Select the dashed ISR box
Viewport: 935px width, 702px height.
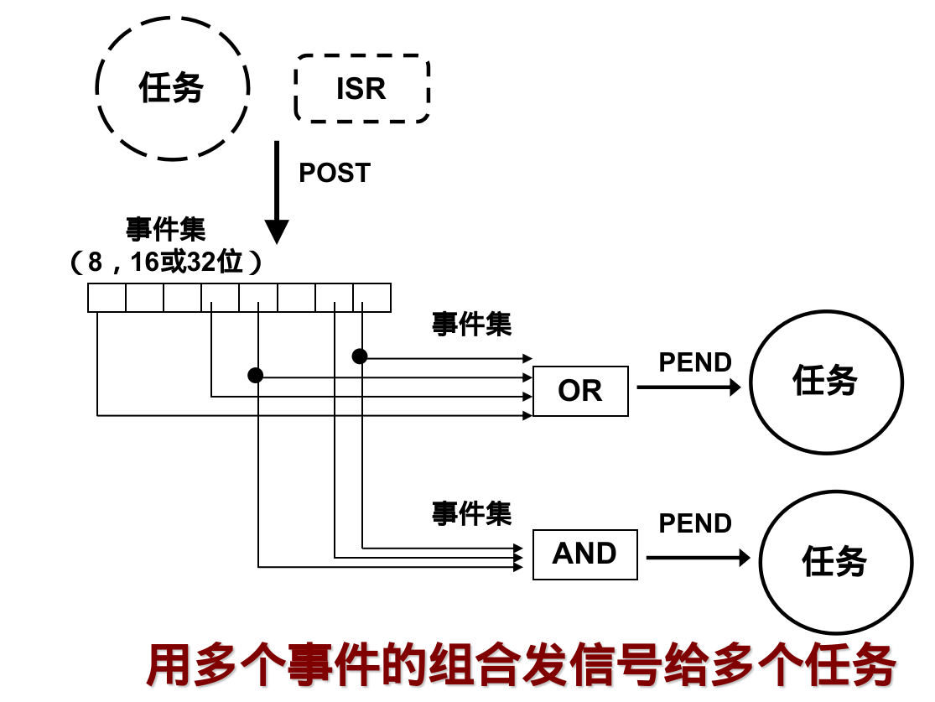(361, 89)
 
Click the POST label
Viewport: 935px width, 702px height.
(335, 173)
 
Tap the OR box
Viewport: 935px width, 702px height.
(580, 391)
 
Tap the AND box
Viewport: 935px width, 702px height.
(584, 554)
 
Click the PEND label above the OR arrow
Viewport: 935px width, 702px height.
(695, 362)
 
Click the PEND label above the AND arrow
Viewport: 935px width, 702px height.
(695, 523)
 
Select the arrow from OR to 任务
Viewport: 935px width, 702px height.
(688, 387)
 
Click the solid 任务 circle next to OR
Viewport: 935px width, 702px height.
(826, 382)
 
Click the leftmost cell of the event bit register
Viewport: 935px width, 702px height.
(106, 298)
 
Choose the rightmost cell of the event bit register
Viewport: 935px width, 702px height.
(371, 298)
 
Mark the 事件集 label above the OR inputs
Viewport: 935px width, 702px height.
(471, 324)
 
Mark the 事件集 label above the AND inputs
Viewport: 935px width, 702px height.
(471, 512)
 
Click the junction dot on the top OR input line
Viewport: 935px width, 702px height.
(360, 356)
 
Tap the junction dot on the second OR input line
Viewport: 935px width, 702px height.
(256, 375)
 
